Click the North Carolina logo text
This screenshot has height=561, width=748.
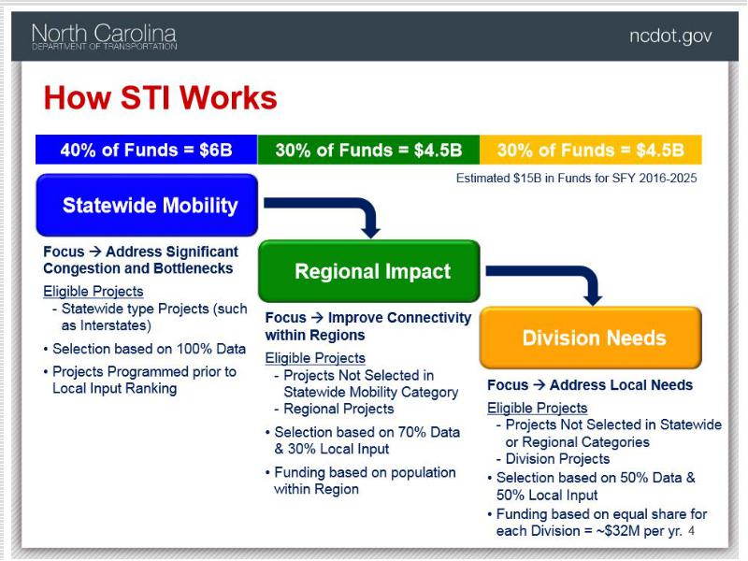[104, 36]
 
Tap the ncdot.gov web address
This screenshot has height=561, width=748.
[670, 36]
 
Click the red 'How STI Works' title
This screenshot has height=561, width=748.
[160, 98]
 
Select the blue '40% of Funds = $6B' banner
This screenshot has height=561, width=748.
[147, 150]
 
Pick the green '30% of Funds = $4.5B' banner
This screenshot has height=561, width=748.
[368, 150]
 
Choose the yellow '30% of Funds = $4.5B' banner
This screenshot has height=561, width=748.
[591, 150]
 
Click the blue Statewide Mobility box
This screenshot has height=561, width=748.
[147, 205]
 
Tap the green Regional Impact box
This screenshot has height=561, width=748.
[369, 271]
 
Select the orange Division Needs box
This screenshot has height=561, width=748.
[591, 338]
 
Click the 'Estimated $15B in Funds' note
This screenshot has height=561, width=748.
[576, 178]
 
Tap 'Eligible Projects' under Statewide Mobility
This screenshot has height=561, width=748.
[93, 291]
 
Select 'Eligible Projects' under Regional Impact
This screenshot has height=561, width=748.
[315, 358]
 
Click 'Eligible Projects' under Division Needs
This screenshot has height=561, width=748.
[537, 408]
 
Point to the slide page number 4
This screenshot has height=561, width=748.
[691, 531]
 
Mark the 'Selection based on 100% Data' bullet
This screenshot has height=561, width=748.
[145, 349]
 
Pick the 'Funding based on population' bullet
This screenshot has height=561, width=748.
[361, 481]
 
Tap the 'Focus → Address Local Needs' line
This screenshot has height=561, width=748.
[590, 385]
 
